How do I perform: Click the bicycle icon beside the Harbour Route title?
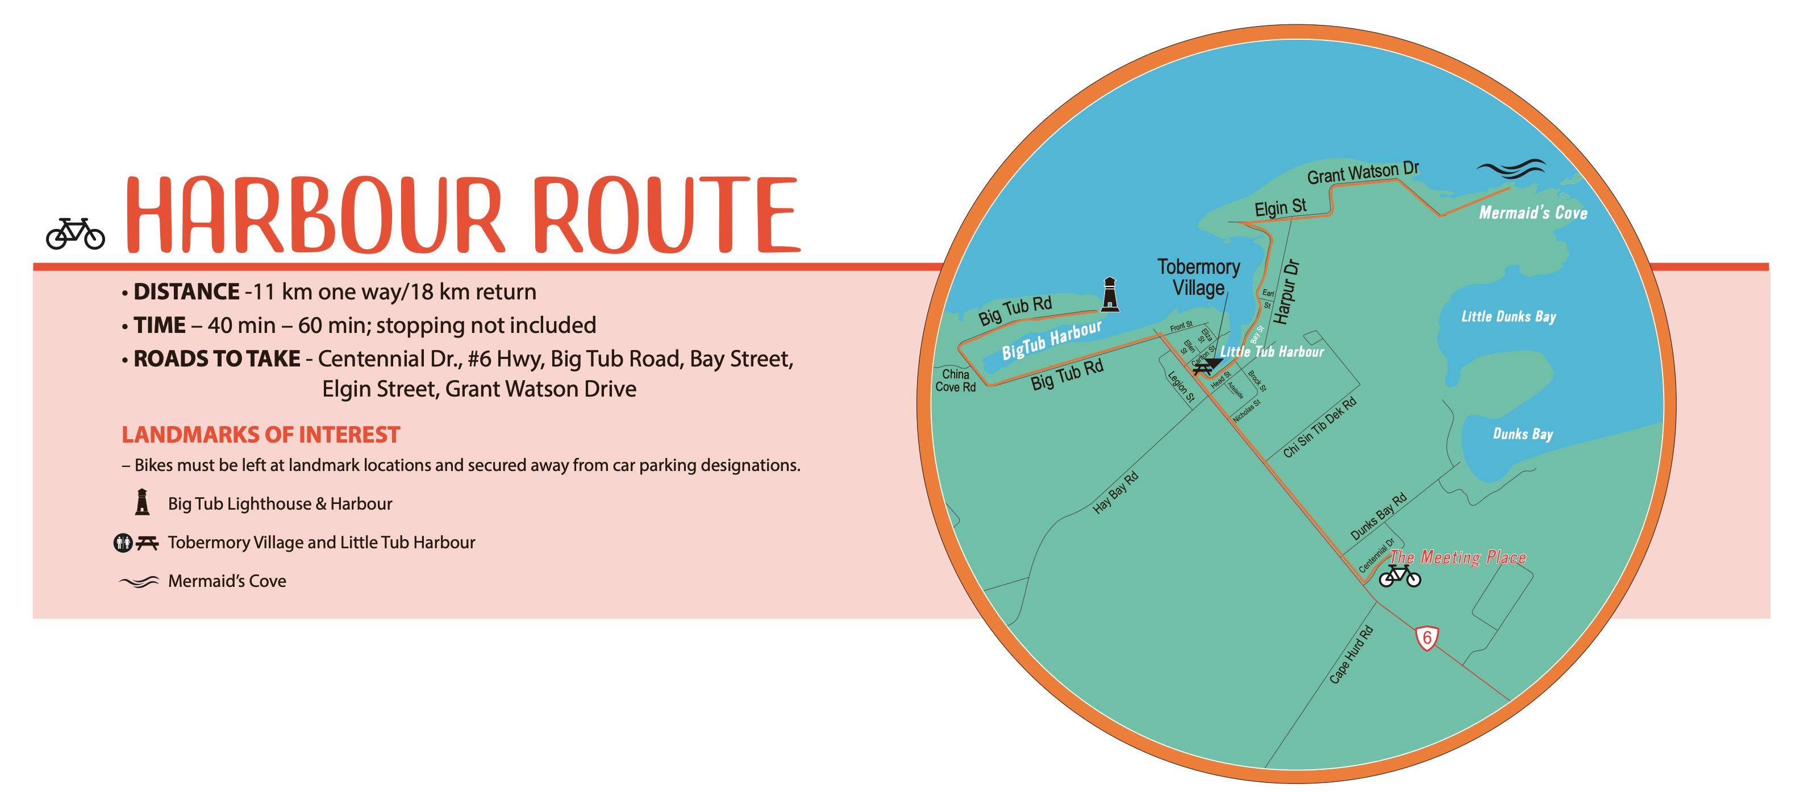point(76,234)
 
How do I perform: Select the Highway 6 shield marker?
point(1427,637)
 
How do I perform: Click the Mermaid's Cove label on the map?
point(1533,212)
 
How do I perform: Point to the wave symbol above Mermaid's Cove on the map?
point(1511,168)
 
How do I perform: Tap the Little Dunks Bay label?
point(1509,316)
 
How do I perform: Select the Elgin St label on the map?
point(1280,207)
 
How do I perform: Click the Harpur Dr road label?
point(1286,292)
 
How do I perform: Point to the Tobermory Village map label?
point(1198,277)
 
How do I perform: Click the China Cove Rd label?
point(955,381)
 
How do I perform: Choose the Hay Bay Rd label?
point(1116,493)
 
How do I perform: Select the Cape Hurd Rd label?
point(1351,655)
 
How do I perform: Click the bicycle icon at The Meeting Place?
point(1399,576)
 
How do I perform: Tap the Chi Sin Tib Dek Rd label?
point(1320,427)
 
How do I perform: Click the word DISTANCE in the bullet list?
point(186,291)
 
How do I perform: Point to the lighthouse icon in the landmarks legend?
point(143,502)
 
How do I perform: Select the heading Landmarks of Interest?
point(261,435)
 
